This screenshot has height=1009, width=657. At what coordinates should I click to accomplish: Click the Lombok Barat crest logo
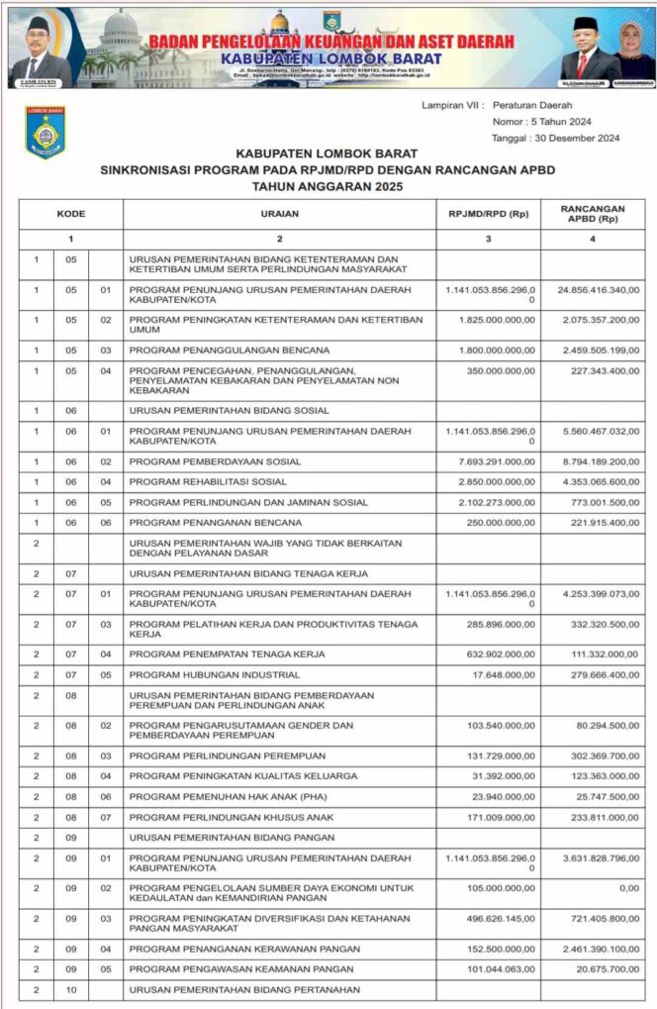46,133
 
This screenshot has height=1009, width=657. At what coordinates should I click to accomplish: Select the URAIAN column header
279,214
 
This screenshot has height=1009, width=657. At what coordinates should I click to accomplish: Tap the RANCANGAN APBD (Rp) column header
592,214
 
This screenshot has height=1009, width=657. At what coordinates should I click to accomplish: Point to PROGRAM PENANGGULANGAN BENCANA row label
230,351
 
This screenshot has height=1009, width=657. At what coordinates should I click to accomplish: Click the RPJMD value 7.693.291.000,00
488,461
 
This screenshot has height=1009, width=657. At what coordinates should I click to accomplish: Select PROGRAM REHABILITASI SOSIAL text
208,482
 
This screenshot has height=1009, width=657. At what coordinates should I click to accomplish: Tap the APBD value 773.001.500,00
599,502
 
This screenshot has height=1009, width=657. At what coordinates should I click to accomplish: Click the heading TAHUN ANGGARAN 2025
328,185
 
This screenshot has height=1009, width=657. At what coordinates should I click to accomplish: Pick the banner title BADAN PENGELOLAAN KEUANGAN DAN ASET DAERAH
331,41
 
